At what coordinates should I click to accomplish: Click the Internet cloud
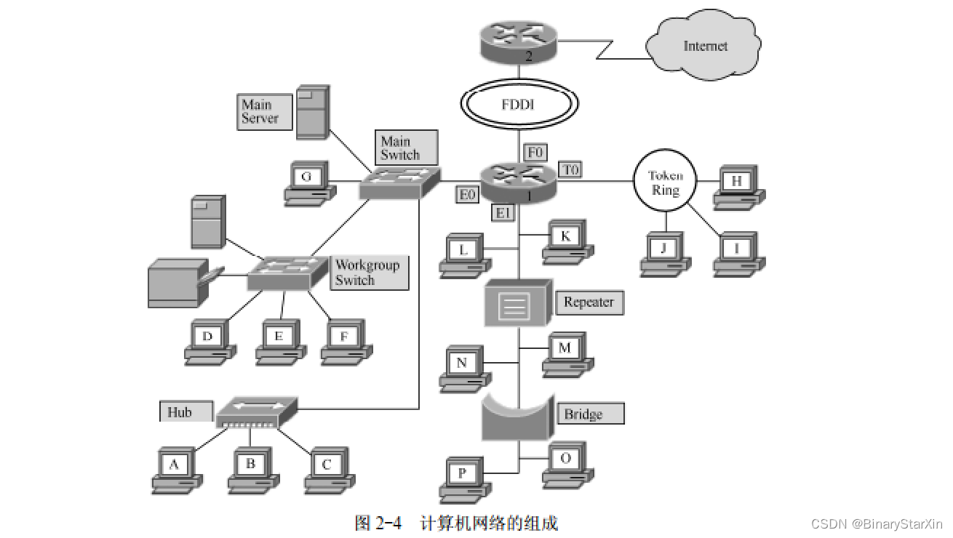(703, 46)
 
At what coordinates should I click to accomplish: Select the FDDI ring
(518, 105)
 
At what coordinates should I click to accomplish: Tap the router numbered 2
(518, 42)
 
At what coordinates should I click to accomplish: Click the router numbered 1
(518, 182)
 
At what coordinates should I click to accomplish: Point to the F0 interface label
(535, 152)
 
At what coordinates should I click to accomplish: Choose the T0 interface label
(570, 169)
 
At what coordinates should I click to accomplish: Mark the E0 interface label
(467, 194)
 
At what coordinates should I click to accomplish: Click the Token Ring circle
(665, 182)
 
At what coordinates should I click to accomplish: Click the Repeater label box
(589, 302)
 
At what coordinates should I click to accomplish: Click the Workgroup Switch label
(368, 273)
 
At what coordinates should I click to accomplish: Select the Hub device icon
(257, 411)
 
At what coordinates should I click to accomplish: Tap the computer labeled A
(175, 470)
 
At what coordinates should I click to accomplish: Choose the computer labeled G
(308, 183)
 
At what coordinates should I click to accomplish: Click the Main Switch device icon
(400, 182)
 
